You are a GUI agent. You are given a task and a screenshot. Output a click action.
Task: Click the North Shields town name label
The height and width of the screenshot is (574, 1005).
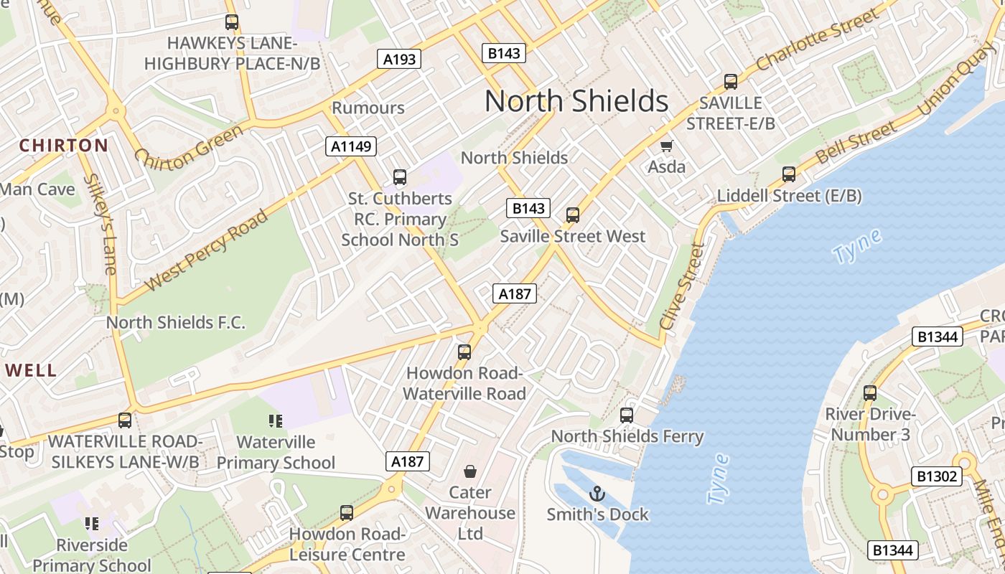pos(576,101)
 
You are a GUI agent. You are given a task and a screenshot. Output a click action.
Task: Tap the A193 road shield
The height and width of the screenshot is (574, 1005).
pos(399,59)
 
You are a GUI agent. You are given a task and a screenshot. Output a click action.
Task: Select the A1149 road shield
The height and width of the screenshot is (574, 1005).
pos(352,146)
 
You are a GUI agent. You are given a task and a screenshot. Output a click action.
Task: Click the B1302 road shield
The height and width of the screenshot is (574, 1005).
pos(937,476)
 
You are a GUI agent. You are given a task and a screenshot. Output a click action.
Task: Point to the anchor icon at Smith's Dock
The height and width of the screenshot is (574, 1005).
pos(597,493)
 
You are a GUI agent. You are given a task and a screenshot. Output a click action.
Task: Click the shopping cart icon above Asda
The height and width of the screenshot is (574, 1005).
pos(667,146)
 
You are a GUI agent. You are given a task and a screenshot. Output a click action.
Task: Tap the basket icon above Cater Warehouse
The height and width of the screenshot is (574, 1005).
pos(470,471)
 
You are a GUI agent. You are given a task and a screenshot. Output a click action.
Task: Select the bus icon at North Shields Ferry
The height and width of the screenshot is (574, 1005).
pos(627,415)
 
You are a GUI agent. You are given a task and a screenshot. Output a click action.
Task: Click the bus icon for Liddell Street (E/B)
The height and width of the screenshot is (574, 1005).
pos(789,174)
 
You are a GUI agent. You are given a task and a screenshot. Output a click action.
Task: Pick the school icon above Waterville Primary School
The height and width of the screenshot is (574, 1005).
pos(276,420)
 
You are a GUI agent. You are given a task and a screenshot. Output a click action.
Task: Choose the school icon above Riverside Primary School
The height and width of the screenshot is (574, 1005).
pos(92,524)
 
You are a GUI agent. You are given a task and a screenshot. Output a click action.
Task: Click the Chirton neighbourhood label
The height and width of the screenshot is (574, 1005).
pos(63,146)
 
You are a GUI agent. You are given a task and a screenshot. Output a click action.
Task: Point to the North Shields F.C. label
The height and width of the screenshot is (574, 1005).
pos(176,322)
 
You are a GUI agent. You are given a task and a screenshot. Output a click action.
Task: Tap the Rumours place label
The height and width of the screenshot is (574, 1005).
pos(368,108)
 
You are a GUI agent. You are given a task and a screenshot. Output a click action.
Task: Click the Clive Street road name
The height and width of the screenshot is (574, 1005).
pos(683,287)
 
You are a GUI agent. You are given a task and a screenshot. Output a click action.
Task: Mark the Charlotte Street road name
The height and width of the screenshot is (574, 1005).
pos(817,39)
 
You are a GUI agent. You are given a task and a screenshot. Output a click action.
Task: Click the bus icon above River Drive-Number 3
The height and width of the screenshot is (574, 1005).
pos(870,393)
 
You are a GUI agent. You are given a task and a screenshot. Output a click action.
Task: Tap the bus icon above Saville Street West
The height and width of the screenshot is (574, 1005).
pos(573,215)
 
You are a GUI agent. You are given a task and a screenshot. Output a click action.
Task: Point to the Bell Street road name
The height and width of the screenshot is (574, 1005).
pos(856,143)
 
